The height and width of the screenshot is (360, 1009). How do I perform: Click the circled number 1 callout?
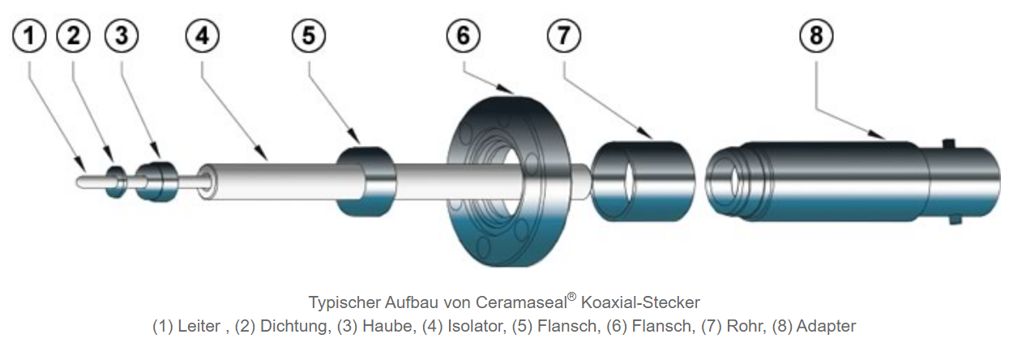30,36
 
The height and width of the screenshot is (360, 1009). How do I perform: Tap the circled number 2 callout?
74,36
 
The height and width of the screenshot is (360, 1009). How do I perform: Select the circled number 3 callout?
121,36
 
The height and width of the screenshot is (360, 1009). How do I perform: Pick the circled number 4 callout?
201,36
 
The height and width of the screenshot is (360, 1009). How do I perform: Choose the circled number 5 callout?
309,36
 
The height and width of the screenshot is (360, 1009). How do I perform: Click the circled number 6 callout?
464,36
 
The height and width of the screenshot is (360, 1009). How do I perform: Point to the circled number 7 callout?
563,36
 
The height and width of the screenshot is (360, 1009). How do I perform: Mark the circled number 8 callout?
816,36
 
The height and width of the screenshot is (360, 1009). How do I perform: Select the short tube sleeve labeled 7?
643,182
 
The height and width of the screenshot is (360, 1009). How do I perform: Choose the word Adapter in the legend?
826,327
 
